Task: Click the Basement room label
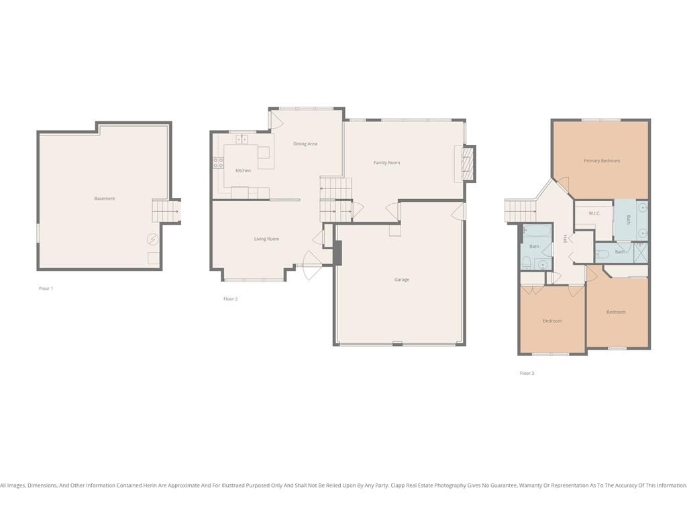[x=105, y=198]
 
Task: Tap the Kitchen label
[x=243, y=170]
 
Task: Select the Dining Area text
[x=305, y=144]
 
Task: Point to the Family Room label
[x=386, y=162]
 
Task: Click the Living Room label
[x=266, y=239]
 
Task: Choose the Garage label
[x=402, y=280]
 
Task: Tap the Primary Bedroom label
[x=602, y=161]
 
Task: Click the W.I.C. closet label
[x=594, y=213]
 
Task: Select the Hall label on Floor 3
[x=565, y=239]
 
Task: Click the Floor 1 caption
[x=46, y=288]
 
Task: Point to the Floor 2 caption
[x=231, y=298]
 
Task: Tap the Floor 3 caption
[x=527, y=373]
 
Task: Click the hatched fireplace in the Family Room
[x=468, y=164]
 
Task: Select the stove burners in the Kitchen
[x=218, y=163]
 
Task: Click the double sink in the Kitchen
[x=242, y=139]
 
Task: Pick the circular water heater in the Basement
[x=152, y=239]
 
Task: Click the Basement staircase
[x=166, y=211]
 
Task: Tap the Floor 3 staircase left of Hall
[x=521, y=211]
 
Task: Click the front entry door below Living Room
[x=311, y=266]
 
